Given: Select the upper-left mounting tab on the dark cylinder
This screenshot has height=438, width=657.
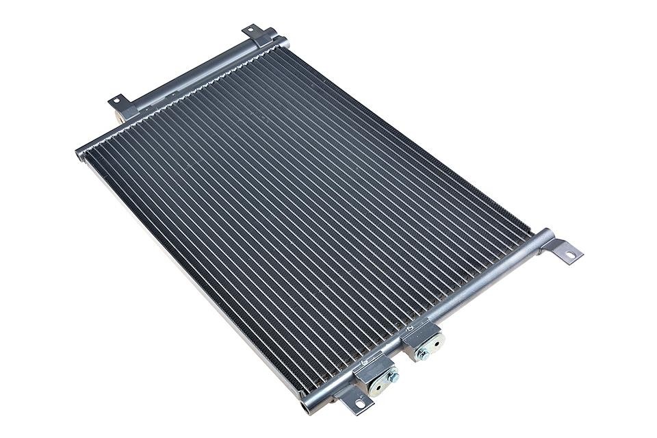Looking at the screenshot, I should click(118, 103).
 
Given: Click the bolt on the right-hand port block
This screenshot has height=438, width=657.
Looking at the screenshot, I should click(424, 353).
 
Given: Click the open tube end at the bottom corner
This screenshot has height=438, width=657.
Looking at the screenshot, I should click(304, 409).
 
